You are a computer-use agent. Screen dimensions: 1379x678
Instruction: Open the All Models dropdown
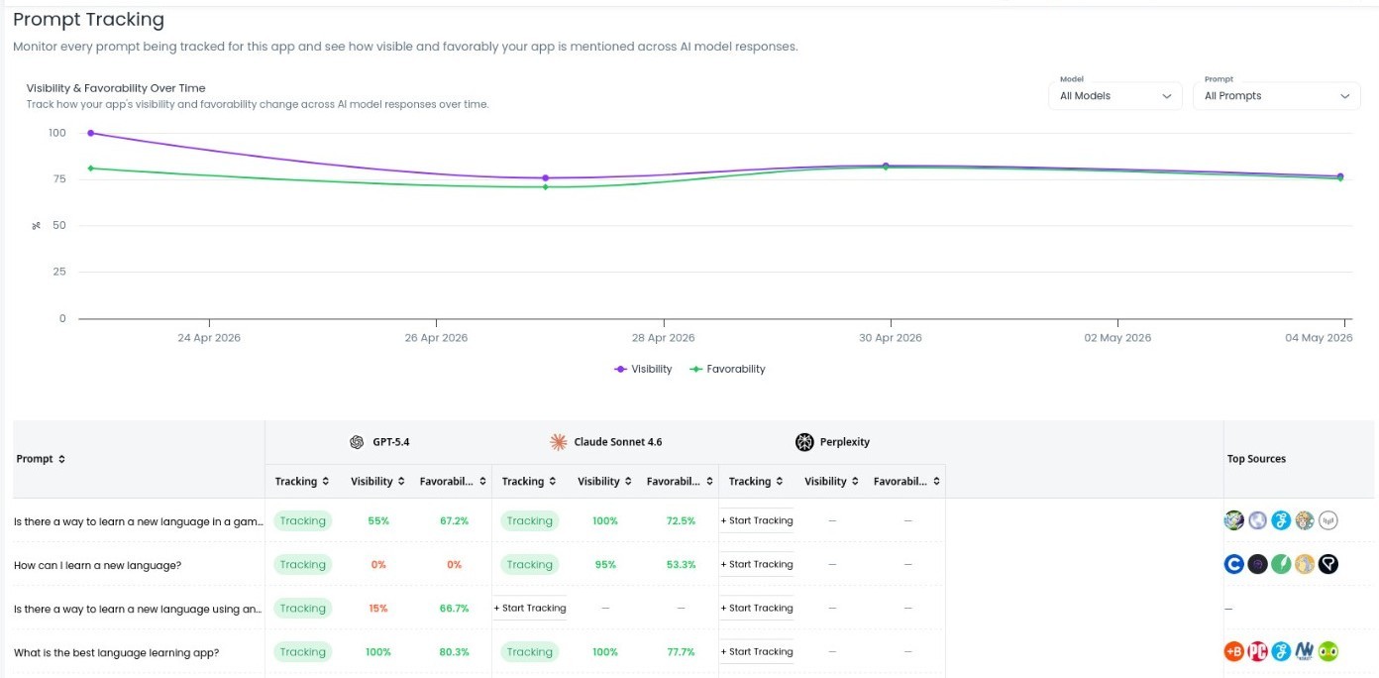[x=1114, y=96]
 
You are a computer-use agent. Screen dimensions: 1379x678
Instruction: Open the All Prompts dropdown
[x=1276, y=96]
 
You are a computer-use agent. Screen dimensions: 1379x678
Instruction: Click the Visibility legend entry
[x=643, y=369]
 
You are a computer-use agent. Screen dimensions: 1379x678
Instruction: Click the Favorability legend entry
[x=727, y=369]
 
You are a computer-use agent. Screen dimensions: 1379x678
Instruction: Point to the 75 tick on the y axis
[x=59, y=179]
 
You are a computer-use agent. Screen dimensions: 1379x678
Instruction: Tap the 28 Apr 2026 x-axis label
[x=663, y=337]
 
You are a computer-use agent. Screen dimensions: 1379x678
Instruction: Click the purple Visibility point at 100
[x=91, y=133]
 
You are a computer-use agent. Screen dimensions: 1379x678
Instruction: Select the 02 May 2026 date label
[x=1117, y=337]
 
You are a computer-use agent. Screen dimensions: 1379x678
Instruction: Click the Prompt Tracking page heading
[x=88, y=20]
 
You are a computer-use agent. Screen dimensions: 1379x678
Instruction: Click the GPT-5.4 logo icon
[x=357, y=442]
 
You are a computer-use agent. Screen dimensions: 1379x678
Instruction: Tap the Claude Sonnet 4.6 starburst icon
[x=559, y=442]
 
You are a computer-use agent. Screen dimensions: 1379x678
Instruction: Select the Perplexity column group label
[x=845, y=442]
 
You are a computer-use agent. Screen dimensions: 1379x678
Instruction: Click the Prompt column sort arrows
[x=61, y=459]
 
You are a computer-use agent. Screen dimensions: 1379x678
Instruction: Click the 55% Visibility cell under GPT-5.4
[x=378, y=521]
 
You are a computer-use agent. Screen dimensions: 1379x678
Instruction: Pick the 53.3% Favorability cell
[x=681, y=565]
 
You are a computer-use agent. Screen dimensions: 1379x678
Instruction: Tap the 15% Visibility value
[x=378, y=609]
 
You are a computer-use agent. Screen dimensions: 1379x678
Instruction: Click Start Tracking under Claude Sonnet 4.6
[x=530, y=608]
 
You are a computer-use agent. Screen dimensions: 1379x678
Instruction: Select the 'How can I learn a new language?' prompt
[x=97, y=565]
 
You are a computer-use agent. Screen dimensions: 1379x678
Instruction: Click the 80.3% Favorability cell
[x=455, y=652]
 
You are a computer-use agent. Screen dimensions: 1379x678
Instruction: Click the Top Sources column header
[x=1256, y=459]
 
